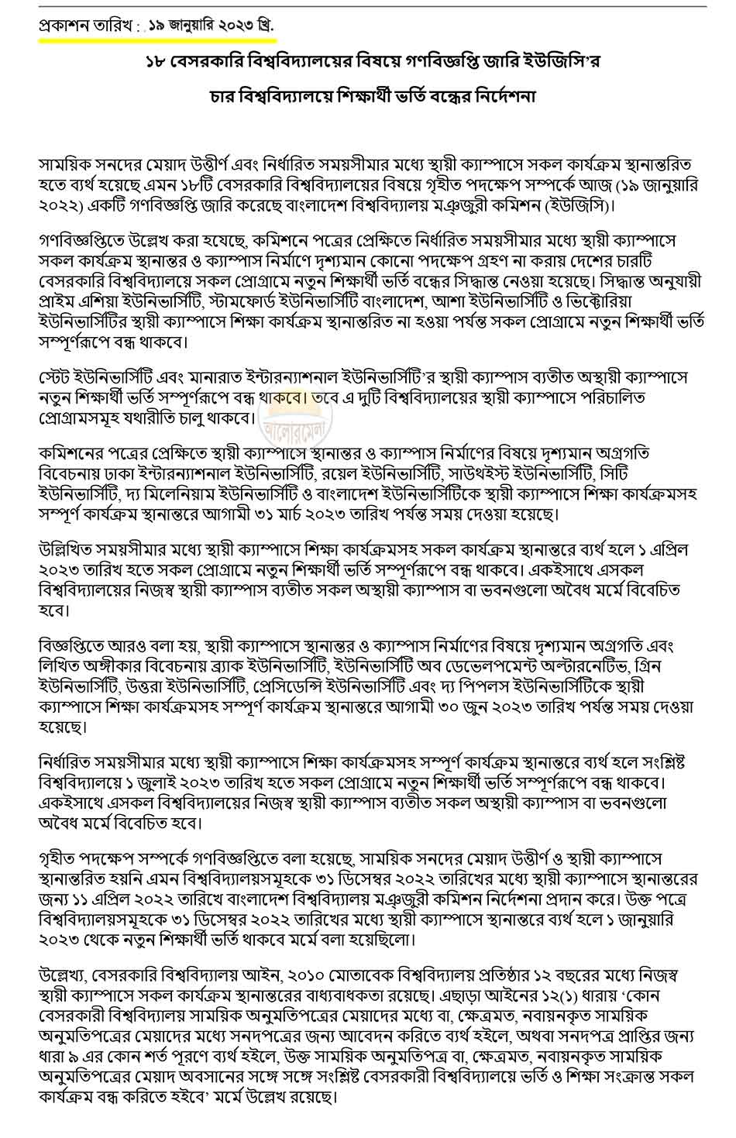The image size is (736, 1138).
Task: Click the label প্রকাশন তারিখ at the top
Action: pyautogui.click(x=84, y=25)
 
